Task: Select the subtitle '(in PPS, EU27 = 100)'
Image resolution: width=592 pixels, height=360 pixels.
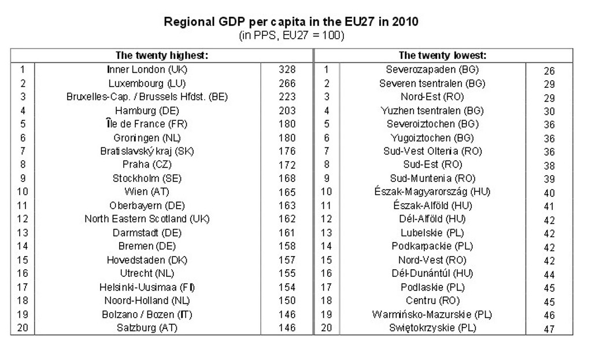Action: pos(291,35)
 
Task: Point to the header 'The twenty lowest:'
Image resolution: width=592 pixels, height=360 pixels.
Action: pos(442,55)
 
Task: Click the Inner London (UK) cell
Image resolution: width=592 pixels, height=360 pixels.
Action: pos(147,69)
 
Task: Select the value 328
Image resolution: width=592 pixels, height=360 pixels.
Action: pos(287,69)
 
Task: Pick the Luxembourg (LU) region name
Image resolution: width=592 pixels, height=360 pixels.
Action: pos(147,83)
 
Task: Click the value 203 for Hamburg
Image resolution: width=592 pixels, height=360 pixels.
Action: pos(287,110)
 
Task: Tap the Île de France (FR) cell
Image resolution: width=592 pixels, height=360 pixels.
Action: pos(147,124)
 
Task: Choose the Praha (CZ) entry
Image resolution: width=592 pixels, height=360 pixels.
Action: pos(147,165)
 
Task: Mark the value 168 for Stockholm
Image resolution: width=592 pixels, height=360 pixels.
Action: pos(287,178)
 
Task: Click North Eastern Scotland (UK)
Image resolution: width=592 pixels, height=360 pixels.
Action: pos(147,219)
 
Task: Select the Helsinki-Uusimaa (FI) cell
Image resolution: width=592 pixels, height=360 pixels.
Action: pos(147,287)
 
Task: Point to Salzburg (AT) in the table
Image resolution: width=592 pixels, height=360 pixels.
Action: pos(147,328)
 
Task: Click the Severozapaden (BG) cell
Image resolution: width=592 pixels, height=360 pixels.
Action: pos(432,69)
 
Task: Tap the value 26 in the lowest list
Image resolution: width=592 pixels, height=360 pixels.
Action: pos(549,71)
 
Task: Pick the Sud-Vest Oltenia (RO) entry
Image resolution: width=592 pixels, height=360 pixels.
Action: pos(432,151)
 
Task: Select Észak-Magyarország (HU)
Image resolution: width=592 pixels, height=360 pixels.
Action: pos(432,192)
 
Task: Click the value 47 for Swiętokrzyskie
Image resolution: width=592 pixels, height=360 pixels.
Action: pos(549,329)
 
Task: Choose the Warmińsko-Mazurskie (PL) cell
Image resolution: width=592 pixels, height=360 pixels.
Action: pos(432,314)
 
